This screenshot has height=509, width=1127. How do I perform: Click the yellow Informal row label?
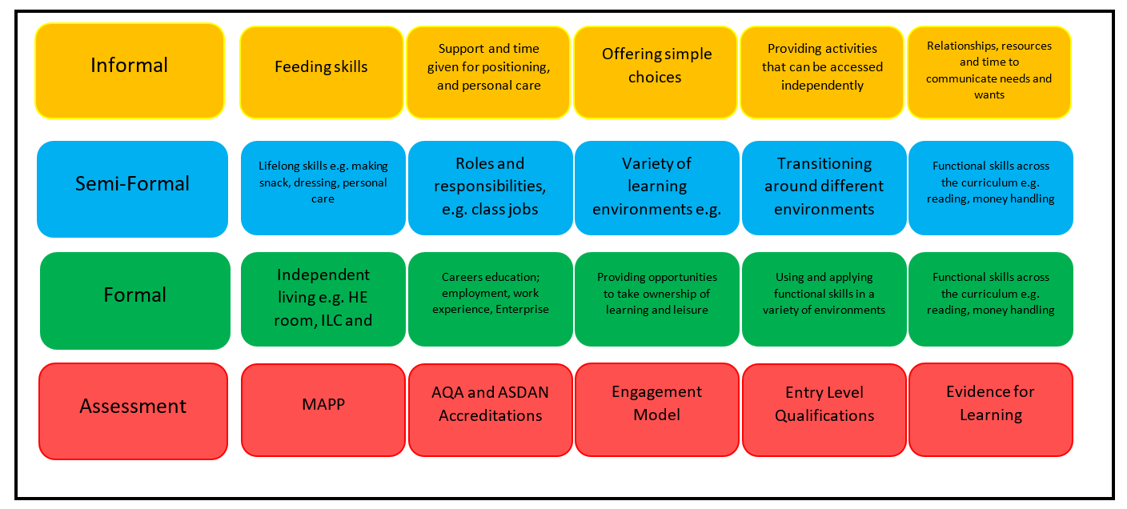(130, 71)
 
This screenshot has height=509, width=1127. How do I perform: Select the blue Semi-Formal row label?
(132, 189)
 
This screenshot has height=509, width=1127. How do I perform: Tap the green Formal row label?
(134, 301)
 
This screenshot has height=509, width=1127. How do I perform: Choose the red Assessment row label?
(134, 411)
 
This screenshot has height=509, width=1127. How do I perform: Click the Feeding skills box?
(322, 72)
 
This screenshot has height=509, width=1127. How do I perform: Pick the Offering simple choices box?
(655, 72)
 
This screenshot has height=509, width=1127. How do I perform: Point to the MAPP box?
(323, 410)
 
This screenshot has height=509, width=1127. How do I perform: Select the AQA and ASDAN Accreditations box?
(491, 410)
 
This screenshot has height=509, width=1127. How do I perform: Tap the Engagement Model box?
(657, 410)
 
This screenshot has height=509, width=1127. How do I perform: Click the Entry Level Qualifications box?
(824, 410)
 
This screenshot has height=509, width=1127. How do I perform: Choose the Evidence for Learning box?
(991, 410)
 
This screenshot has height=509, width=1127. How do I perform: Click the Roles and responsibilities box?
(491, 188)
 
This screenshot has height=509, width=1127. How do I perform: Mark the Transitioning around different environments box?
(824, 188)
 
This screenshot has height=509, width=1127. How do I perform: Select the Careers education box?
(491, 299)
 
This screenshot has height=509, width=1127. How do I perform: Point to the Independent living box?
(323, 299)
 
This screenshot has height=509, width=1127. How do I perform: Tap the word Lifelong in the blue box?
(279, 166)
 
